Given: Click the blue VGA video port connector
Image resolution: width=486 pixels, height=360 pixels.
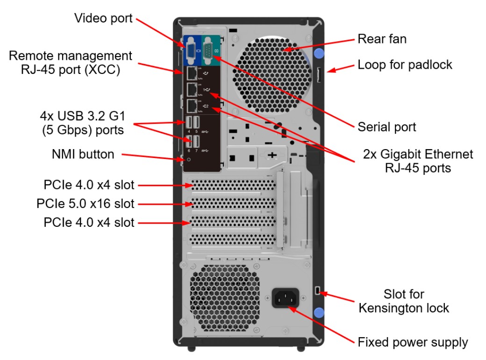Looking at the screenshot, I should point(191,51).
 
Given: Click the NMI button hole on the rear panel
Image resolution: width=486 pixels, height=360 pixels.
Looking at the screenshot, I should point(189,159).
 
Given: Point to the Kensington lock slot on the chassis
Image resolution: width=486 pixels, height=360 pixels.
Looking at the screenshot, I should point(318,291).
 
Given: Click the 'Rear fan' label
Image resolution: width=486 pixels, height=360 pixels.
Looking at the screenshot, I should point(382,39).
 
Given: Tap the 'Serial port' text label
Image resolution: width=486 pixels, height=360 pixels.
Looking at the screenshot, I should point(386,127).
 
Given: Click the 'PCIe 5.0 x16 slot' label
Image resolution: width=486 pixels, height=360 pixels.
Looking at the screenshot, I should point(85,204).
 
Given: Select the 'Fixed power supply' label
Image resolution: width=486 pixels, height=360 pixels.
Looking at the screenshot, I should point(413,342).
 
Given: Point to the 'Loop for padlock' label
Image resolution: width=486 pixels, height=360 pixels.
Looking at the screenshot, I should point(405,65).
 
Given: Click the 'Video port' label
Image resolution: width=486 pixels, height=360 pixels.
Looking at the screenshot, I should point(103,19).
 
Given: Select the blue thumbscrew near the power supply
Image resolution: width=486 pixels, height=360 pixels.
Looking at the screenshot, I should point(319,313).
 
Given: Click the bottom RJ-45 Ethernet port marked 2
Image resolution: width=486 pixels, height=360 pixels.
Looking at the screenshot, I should point(191,106).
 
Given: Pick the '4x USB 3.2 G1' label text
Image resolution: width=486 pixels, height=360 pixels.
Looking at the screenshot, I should point(82,115).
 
